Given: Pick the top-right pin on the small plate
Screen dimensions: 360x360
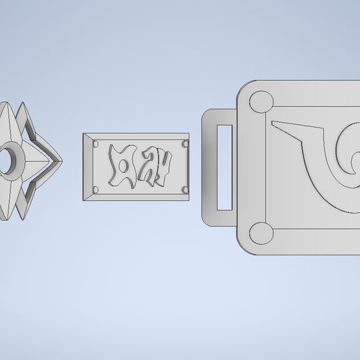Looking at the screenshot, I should point(184,144).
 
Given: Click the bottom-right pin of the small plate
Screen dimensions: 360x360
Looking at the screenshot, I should point(184,189).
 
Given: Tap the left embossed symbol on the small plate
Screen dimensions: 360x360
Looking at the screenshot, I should point(123,167).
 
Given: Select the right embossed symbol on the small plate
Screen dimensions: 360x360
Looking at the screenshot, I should point(157,167).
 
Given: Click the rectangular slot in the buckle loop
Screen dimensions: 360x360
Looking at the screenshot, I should point(225,166).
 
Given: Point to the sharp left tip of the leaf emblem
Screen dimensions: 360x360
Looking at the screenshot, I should point(274,124).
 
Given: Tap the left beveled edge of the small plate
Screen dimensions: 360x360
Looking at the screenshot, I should point(87,167).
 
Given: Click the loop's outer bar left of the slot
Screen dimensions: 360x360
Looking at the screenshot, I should point(208,166).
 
